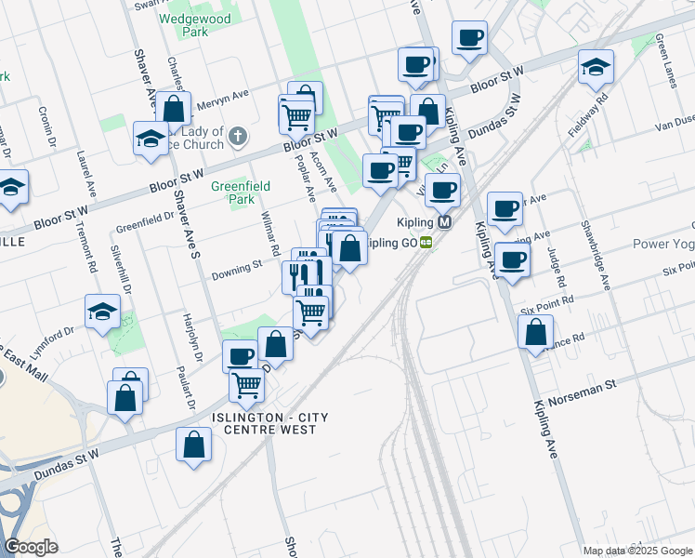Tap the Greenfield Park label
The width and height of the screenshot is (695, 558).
point(240,193)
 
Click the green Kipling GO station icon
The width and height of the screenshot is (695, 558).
point(426,243)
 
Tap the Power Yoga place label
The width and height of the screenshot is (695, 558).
point(663,245)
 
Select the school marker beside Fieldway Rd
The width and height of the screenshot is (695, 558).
point(596,68)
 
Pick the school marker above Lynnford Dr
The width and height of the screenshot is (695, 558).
point(102,312)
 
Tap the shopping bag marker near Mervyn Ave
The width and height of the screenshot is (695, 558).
point(174,109)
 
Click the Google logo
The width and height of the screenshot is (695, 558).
point(31,547)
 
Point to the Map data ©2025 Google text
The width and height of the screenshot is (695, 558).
point(636,551)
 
